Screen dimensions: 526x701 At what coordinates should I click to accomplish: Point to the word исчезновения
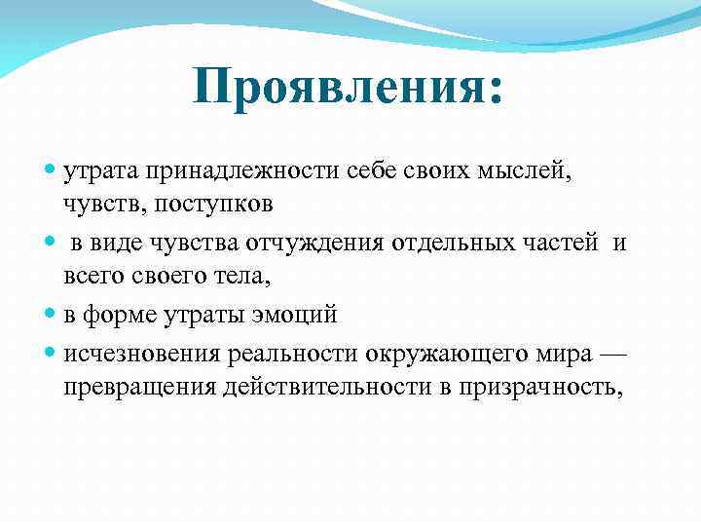139,353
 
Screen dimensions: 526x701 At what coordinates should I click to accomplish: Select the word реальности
282,353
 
